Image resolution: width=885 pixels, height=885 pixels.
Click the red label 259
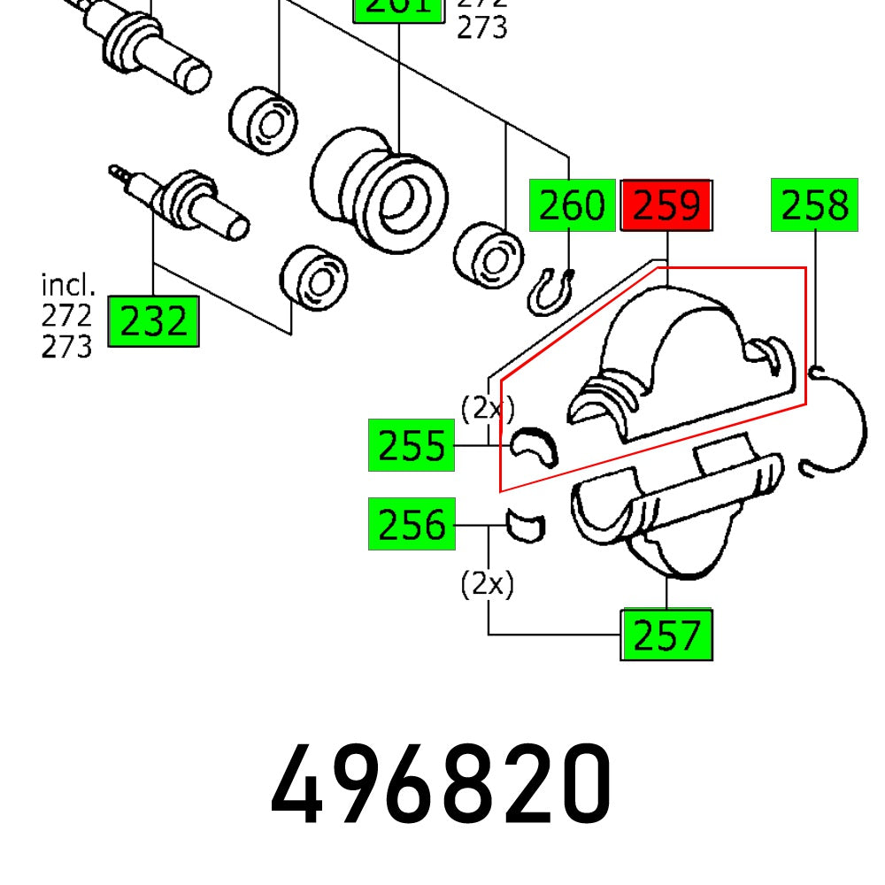pyautogui.click(x=666, y=205)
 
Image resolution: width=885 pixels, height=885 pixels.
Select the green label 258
pyautogui.click(x=814, y=205)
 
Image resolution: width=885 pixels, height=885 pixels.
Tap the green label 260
pyautogui.click(x=572, y=205)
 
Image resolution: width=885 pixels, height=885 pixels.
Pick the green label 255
pyautogui.click(x=412, y=446)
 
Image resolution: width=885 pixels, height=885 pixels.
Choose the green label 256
pyautogui.click(x=412, y=524)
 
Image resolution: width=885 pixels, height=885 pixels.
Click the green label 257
pyautogui.click(x=666, y=635)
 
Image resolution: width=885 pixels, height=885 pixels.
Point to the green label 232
pyautogui.click(x=153, y=321)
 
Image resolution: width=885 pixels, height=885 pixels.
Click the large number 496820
pyautogui.click(x=441, y=784)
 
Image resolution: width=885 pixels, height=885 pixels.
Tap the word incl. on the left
pyautogui.click(x=67, y=285)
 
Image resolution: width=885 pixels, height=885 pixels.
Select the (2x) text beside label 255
pyautogui.click(x=487, y=407)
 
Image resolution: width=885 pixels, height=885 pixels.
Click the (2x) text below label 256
pyautogui.click(x=487, y=584)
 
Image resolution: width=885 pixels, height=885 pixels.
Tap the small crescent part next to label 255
pyautogui.click(x=534, y=446)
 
